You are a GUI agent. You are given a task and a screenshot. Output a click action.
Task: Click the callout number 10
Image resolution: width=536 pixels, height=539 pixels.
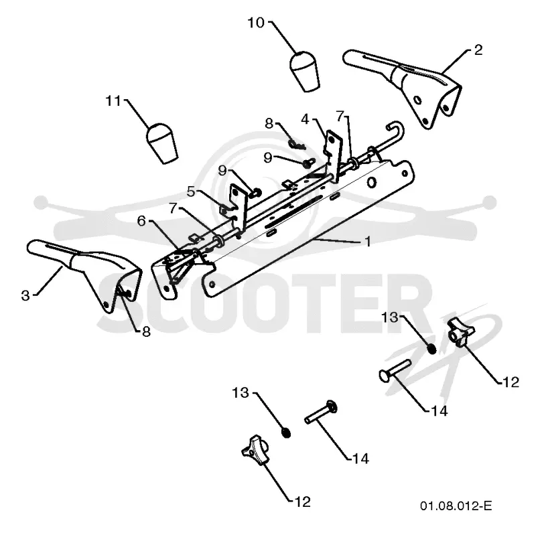257,23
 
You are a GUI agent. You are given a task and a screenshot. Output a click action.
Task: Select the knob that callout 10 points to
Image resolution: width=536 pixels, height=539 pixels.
304,72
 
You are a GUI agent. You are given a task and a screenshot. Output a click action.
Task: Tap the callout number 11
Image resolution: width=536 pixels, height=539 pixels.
113,101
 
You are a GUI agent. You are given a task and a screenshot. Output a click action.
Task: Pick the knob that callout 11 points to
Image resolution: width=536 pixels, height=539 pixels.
161,143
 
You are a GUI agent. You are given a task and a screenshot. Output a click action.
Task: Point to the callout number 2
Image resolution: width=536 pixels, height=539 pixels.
478,50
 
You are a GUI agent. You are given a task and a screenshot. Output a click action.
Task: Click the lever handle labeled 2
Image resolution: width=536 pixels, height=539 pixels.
403,88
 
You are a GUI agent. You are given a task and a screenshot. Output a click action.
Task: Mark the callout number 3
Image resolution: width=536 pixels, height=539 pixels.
25,296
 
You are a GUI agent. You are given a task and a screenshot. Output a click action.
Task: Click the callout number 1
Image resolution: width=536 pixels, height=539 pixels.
368,242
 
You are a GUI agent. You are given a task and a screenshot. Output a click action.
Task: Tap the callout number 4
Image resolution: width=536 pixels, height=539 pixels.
305,120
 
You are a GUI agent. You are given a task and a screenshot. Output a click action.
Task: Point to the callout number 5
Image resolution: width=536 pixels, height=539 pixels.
191,191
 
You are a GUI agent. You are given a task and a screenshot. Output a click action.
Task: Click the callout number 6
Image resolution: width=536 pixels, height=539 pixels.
141,221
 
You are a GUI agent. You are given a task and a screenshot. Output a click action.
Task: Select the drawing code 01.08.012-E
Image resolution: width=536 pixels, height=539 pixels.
456,506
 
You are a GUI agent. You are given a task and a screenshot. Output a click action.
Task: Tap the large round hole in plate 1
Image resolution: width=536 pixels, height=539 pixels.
371,183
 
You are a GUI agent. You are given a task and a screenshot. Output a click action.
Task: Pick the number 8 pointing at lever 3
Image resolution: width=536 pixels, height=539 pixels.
146,331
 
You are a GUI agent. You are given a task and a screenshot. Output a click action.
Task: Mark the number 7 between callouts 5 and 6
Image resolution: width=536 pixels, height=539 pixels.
174,208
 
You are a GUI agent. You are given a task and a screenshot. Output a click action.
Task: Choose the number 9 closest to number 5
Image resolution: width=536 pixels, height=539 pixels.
222,170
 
